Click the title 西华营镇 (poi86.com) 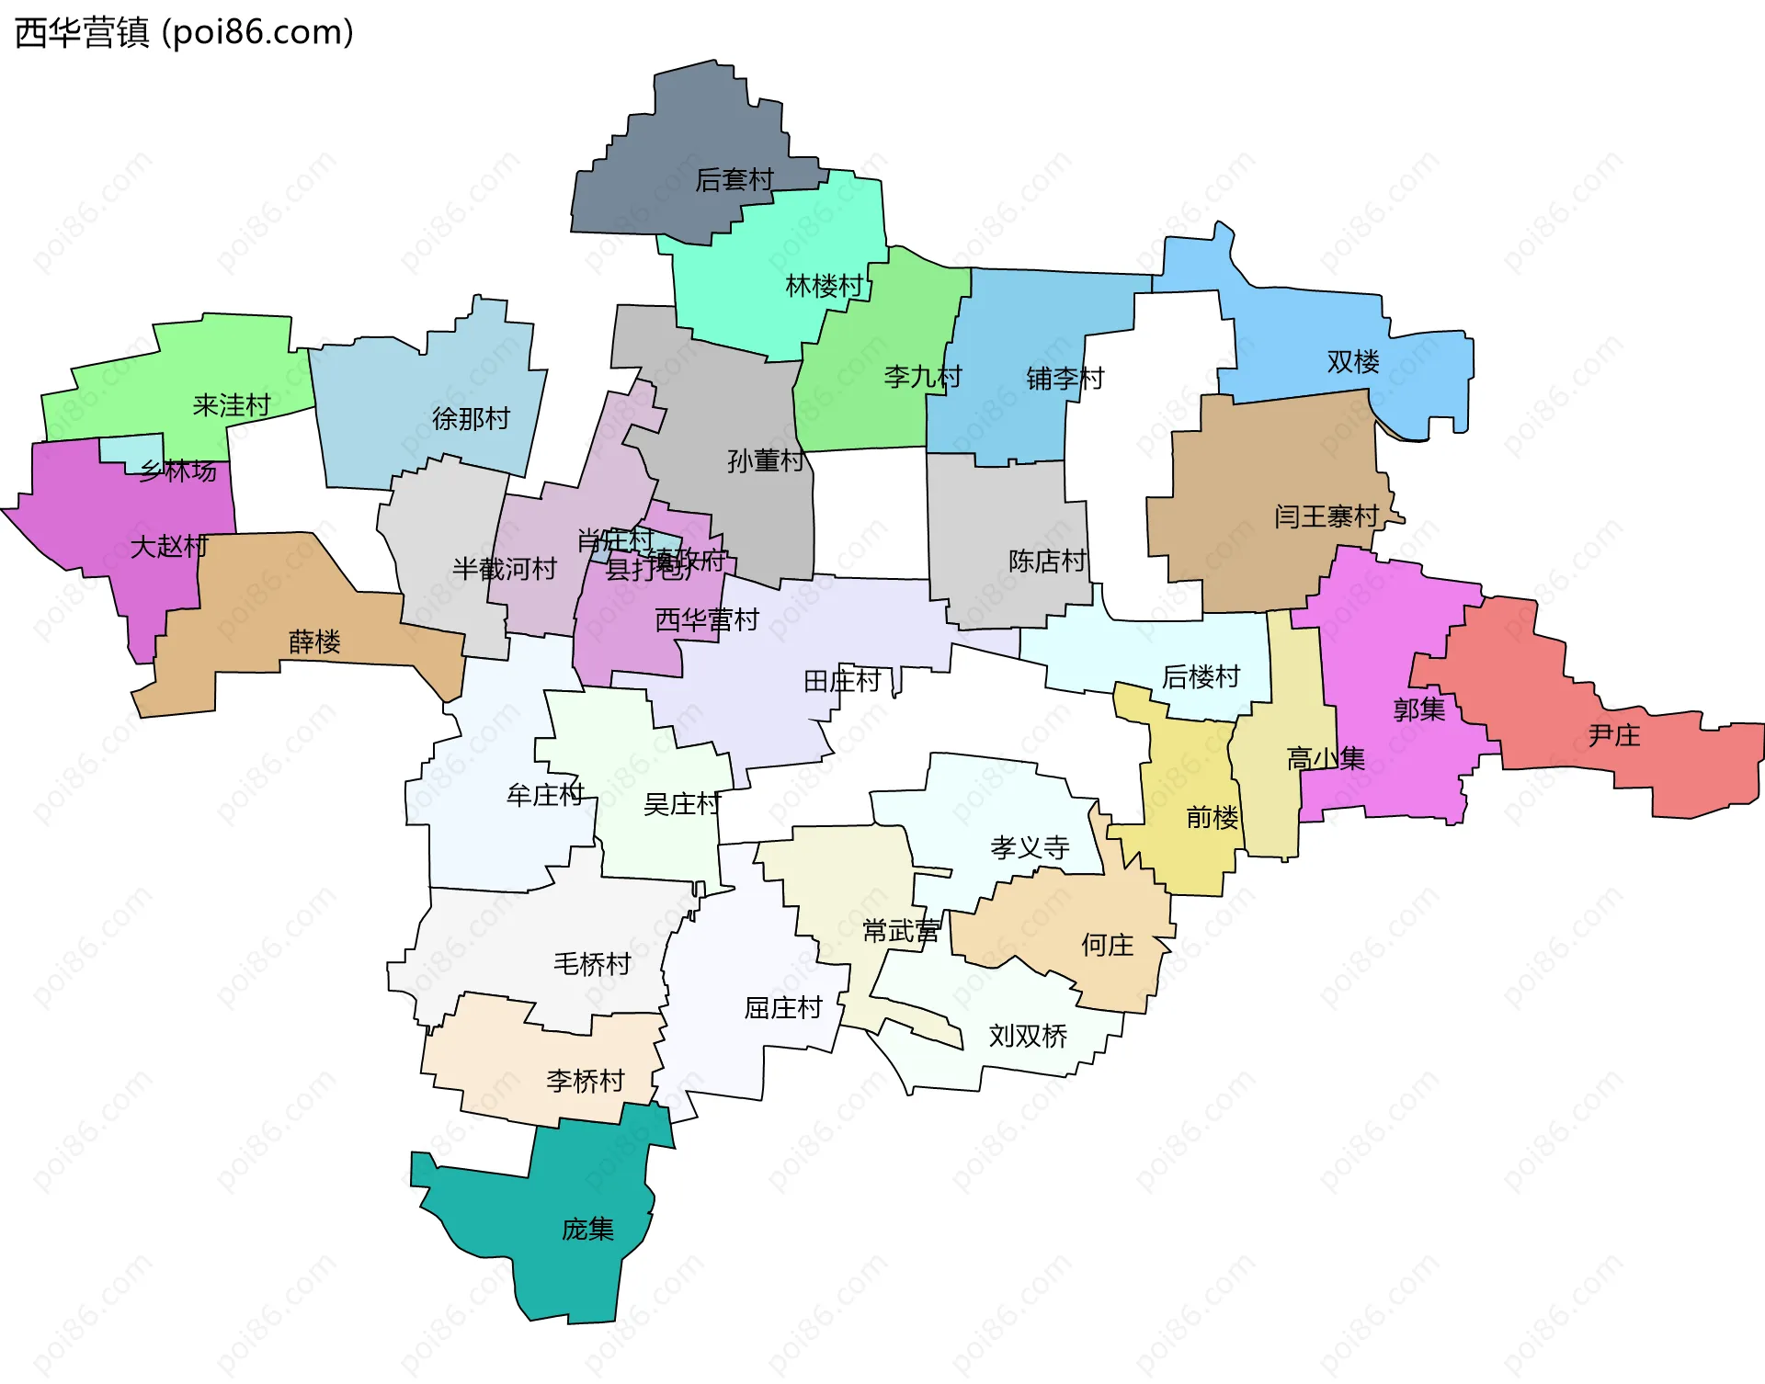tap(184, 33)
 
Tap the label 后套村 tap(734, 180)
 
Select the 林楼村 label tap(824, 287)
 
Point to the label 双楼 tap(1352, 362)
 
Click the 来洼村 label tap(232, 405)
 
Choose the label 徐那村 tap(471, 419)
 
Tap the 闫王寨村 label tap(1326, 516)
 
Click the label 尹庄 tap(1613, 735)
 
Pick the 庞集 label tap(587, 1230)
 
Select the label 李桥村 tap(586, 1081)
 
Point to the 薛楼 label tap(314, 641)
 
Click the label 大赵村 tap(169, 547)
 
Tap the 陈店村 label tap(1047, 561)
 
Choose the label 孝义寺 tap(1030, 847)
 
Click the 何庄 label tap(1107, 945)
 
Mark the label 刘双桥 tap(1028, 1037)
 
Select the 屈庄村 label tap(783, 1008)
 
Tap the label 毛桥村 tap(592, 964)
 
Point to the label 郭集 tap(1418, 709)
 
